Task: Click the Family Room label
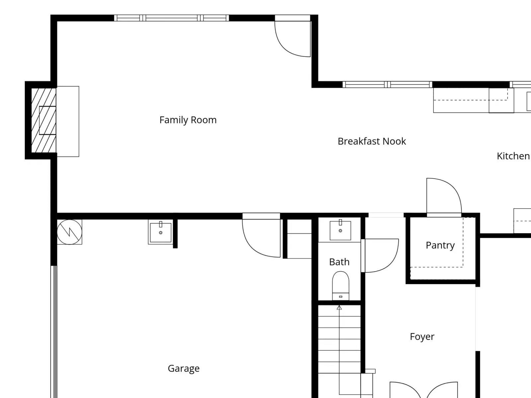188,120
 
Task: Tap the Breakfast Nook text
372,141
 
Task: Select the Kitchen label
513,156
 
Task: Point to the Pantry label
440,245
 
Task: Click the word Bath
340,262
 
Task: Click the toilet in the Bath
341,286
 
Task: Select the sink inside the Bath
341,230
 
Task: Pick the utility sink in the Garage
161,232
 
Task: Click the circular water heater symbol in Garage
69,232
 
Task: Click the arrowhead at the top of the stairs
339,308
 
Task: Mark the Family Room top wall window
172,18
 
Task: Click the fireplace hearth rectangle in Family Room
68,121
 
